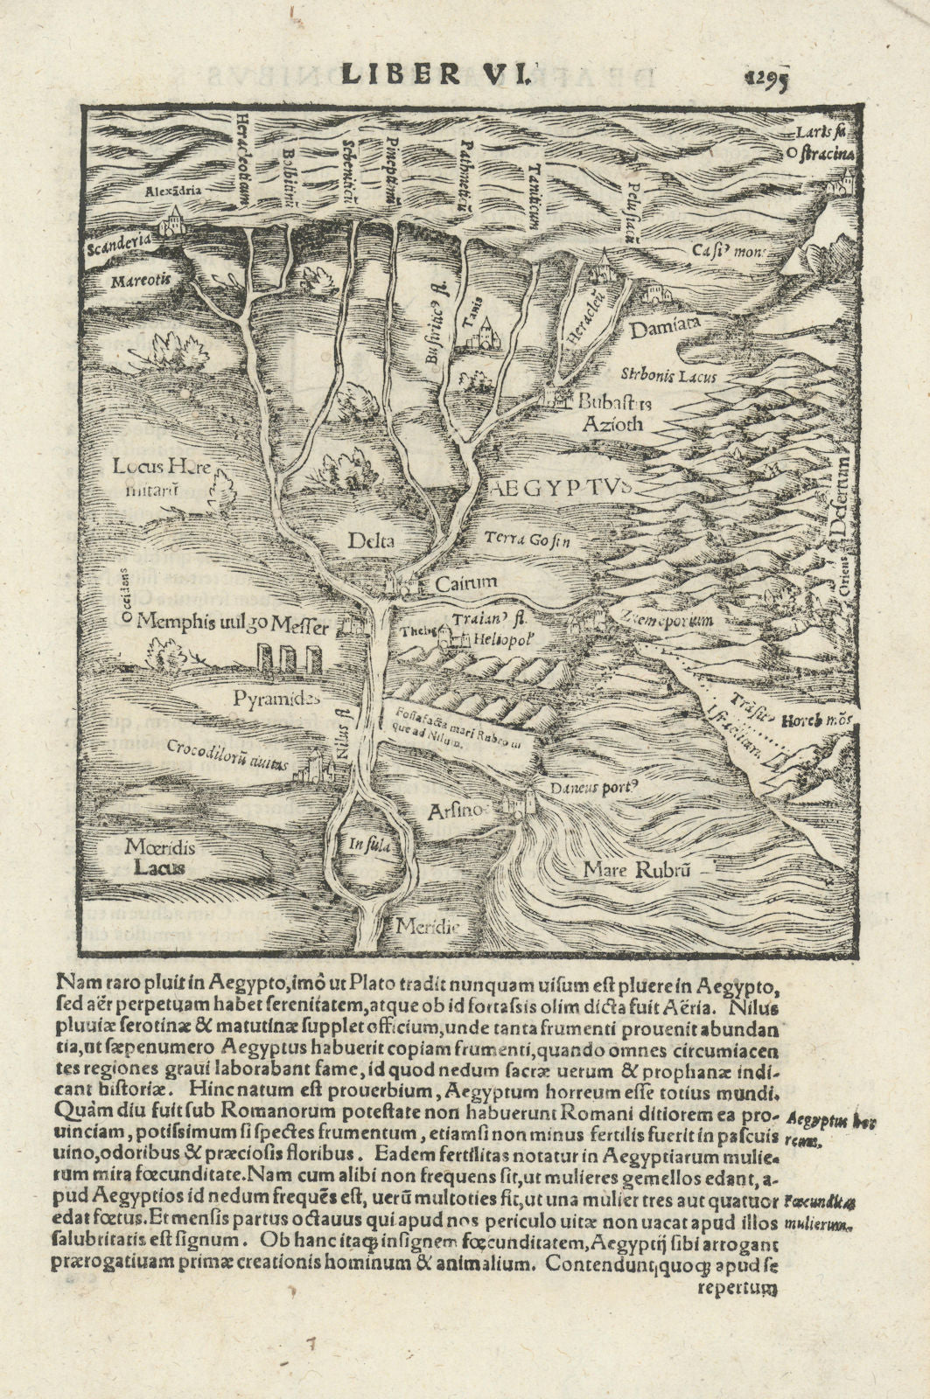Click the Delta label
[x=371, y=541]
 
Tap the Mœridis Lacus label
[x=158, y=857]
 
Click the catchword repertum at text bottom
[x=737, y=1287]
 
